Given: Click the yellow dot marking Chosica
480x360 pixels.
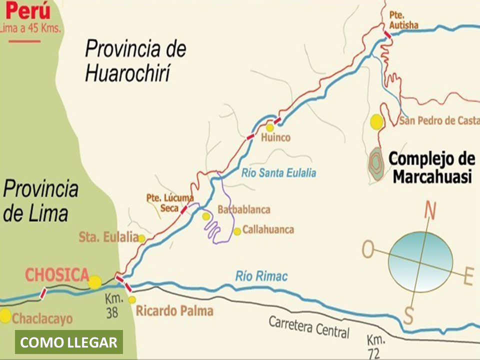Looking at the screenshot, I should coord(95,282).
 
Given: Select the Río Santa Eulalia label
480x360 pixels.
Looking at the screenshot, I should coord(278,173).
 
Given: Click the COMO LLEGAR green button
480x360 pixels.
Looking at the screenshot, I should coord(69,342).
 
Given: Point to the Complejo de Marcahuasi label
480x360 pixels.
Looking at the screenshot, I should coord(431,167).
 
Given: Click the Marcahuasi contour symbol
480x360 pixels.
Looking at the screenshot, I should coord(376,163).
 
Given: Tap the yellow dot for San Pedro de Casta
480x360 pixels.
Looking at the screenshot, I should coord(376,121).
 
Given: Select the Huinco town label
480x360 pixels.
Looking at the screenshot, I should coord(275,137).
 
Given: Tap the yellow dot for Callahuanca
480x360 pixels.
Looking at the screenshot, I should coord(237,231).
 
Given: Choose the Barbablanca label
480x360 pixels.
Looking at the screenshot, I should coord(244,209).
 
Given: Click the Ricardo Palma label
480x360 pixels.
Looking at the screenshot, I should coord(174,311).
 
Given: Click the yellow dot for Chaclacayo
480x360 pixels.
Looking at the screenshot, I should coord(5,315).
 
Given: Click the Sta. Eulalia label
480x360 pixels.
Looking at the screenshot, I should coord(108,237).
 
